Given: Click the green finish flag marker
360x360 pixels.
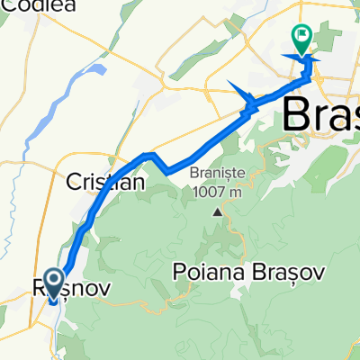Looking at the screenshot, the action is click(301, 38).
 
